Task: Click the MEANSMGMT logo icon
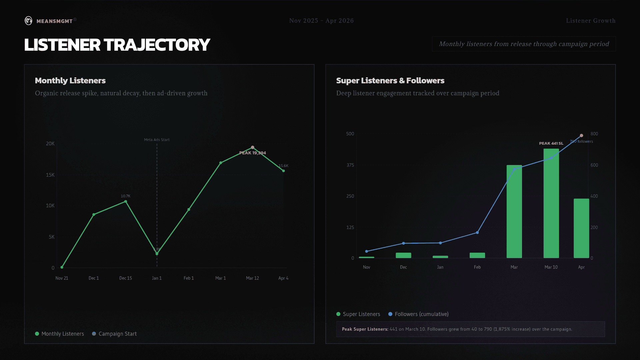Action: click(x=29, y=21)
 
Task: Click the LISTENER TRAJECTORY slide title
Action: click(x=117, y=45)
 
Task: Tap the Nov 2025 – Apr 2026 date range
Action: click(x=321, y=21)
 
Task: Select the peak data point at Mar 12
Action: click(x=253, y=147)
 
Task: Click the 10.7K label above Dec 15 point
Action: click(x=125, y=196)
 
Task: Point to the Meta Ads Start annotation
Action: click(x=157, y=140)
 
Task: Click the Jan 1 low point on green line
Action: click(x=157, y=254)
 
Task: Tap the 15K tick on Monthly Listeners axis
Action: click(x=50, y=175)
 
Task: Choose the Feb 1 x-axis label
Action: click(x=189, y=278)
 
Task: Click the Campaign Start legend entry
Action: click(x=114, y=334)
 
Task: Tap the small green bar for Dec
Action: click(x=403, y=255)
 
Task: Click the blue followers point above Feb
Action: click(x=477, y=232)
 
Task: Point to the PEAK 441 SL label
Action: click(x=551, y=143)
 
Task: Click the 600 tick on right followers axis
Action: click(x=594, y=165)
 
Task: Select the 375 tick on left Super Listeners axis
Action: click(x=350, y=165)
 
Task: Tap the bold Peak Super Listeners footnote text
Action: click(x=365, y=329)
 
